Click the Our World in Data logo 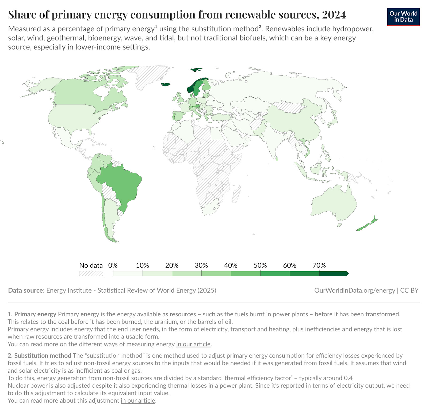pos(403,17)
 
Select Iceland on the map pos(166,85)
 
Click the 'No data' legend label pos(91,265)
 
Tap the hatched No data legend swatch pos(91,274)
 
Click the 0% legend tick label pos(113,265)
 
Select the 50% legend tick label pos(260,265)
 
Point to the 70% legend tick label pos(319,265)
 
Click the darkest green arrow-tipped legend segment pos(333,274)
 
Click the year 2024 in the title pos(334,15)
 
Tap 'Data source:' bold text pos(26,291)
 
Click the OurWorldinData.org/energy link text pos(354,291)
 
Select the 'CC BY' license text pos(409,291)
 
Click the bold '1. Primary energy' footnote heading pos(32,314)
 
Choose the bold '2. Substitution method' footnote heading pos(39,356)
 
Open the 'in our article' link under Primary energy pos(193,344)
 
